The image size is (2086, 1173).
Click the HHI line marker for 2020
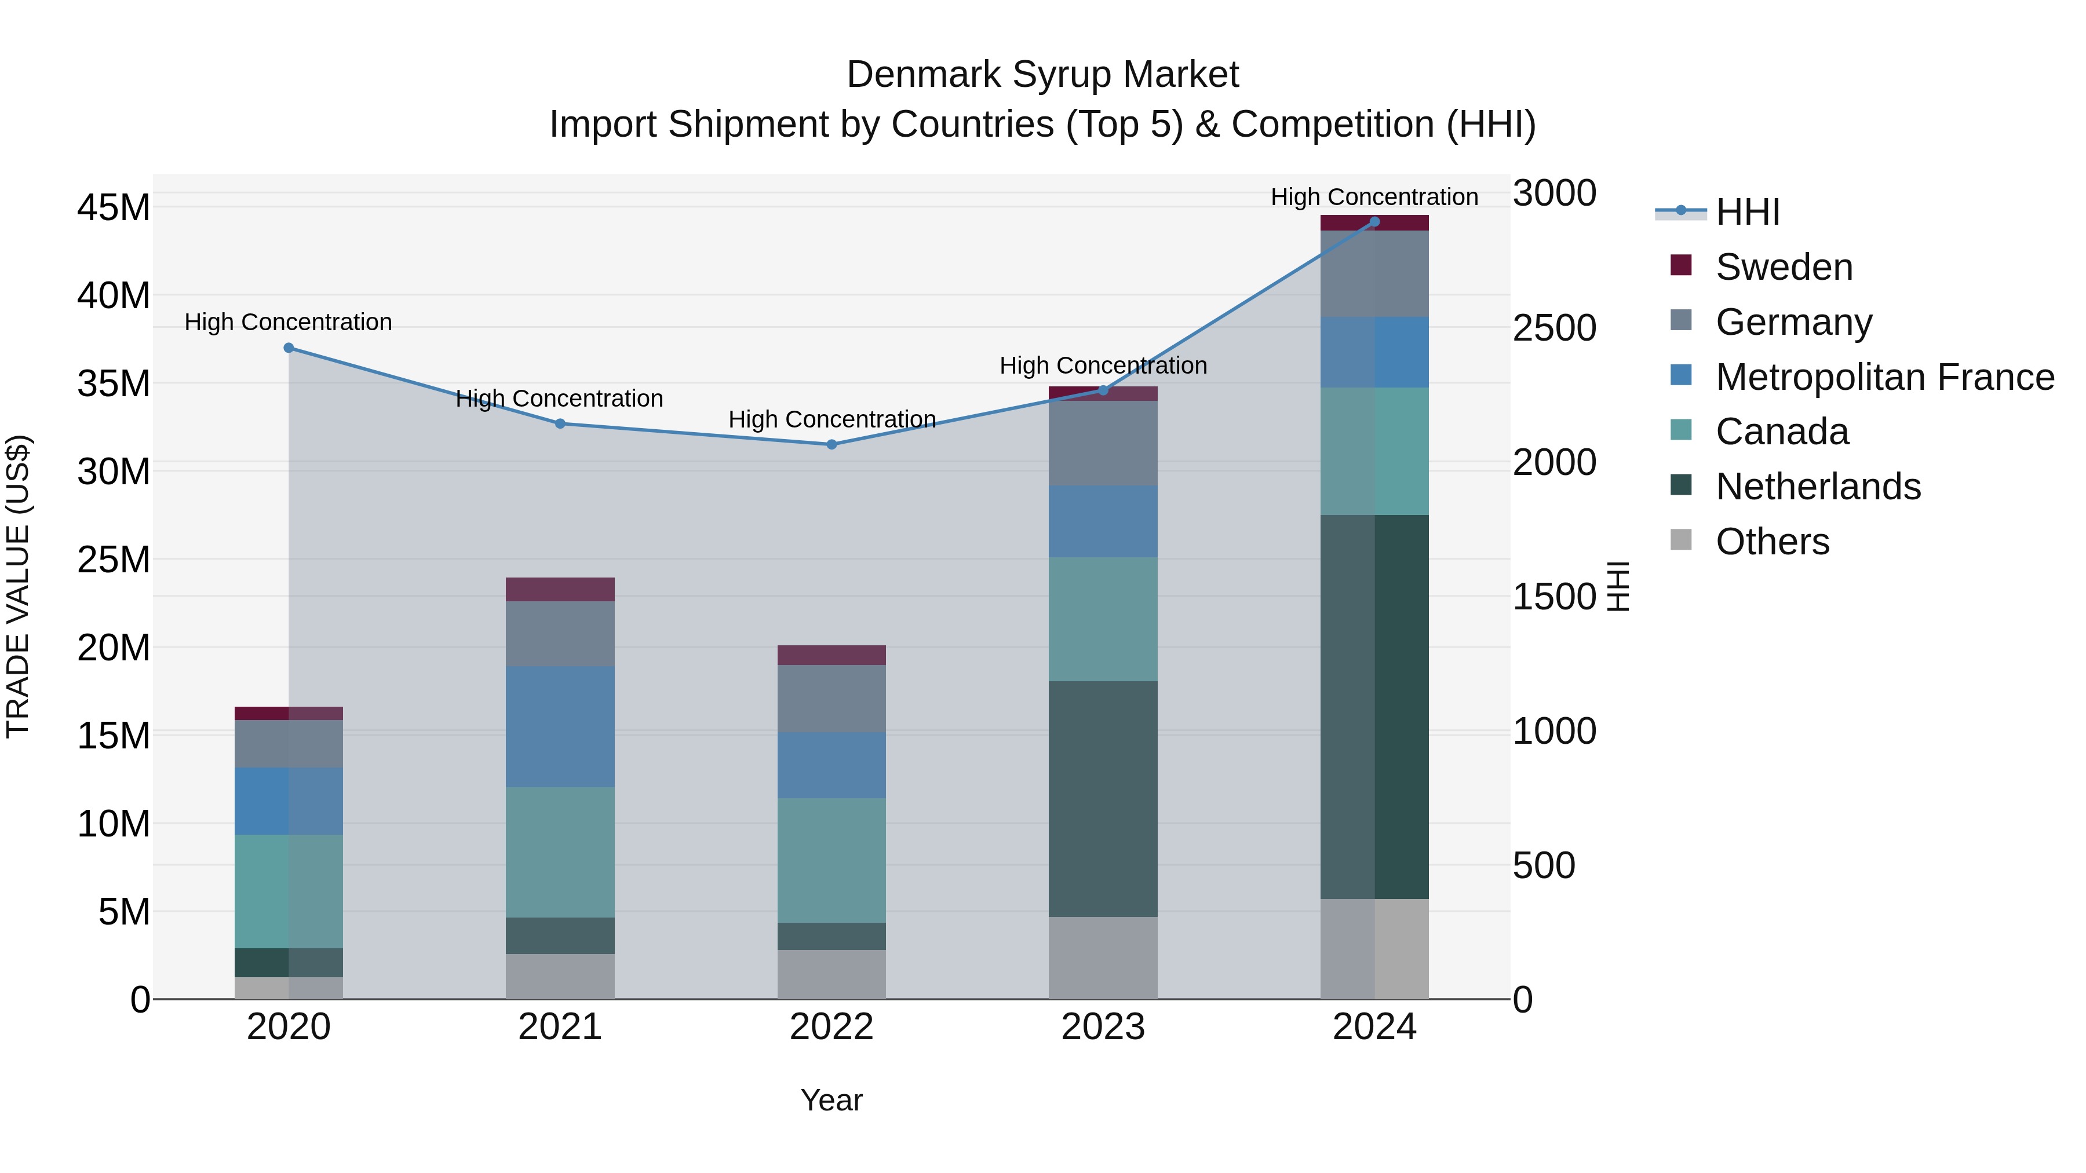click(289, 348)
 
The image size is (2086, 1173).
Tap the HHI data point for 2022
click(831, 444)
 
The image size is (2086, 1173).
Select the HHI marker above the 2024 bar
click(1374, 222)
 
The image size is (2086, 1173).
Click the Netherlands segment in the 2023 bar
click(1103, 798)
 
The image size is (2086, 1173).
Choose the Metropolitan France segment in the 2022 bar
click(831, 765)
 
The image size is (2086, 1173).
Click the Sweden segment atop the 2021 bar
click(560, 589)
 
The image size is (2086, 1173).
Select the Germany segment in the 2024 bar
click(1374, 273)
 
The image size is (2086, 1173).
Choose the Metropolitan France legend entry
click(1884, 377)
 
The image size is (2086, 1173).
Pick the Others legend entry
click(1772, 542)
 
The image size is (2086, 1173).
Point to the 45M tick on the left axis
click(114, 208)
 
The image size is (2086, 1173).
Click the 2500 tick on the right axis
click(1555, 328)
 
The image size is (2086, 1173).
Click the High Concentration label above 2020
click(289, 322)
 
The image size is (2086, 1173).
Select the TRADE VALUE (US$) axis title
click(19, 586)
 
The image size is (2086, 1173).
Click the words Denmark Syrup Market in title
click(1042, 75)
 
